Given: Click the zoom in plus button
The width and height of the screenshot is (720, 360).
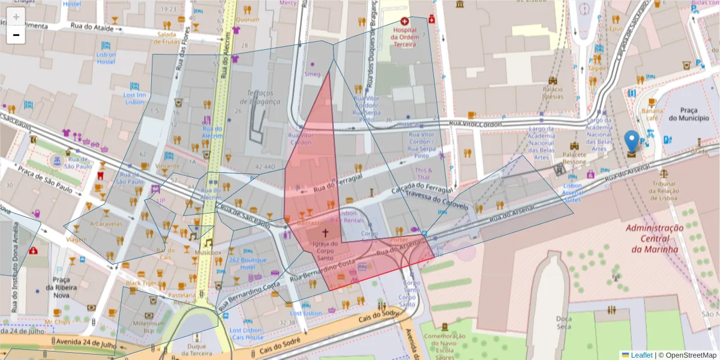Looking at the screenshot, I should [x=16, y=17].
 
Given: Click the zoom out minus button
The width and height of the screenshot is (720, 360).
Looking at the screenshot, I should [x=16, y=35].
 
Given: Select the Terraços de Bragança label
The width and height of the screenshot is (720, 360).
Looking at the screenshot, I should [x=264, y=97].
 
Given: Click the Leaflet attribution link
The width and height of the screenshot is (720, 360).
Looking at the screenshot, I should [x=641, y=355].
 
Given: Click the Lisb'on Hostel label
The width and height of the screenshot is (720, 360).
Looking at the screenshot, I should [x=106, y=58].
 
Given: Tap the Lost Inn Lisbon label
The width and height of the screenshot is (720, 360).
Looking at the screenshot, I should [x=134, y=98].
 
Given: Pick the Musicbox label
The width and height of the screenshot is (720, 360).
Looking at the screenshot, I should [x=208, y=253].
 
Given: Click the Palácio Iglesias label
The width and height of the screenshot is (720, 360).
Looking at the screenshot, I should [x=552, y=92].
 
